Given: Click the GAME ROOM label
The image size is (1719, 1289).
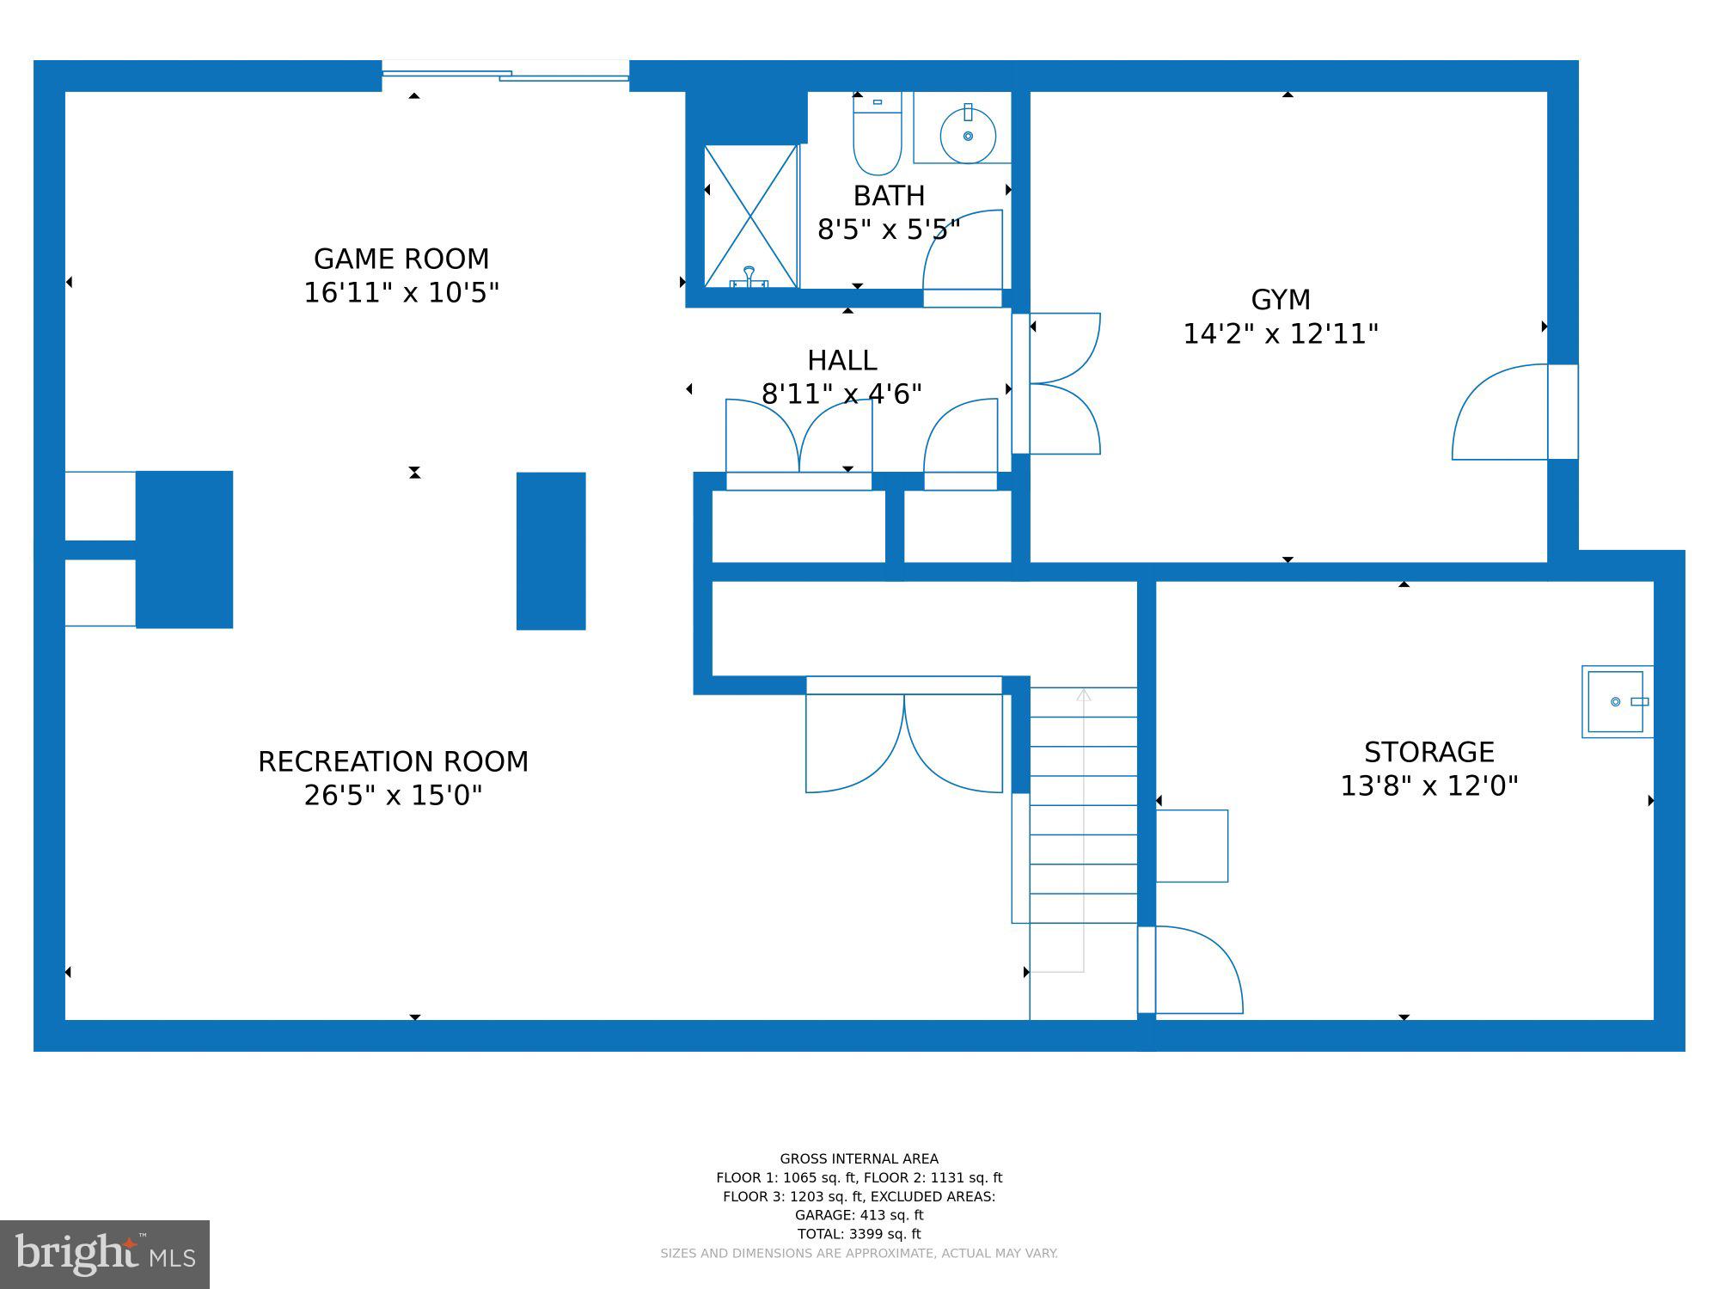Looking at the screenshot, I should (401, 259).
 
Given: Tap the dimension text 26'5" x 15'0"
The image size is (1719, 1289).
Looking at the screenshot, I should (393, 796).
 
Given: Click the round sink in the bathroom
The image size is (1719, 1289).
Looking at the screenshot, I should (968, 136).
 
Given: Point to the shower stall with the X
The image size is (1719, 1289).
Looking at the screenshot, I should (750, 216).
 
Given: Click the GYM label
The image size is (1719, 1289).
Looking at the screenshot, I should (1280, 300).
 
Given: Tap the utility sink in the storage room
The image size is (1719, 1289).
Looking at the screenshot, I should (1616, 701).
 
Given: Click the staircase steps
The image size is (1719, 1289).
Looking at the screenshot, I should (1083, 804).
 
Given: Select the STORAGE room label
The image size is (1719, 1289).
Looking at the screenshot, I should (1428, 753).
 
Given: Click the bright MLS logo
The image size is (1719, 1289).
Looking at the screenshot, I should (104, 1254).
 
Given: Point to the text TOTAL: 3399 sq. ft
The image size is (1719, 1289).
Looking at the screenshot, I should (859, 1234).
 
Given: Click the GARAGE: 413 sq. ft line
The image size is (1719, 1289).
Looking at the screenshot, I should (859, 1215).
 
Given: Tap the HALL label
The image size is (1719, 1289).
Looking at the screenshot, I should (841, 360).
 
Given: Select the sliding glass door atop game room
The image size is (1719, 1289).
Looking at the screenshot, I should (505, 76).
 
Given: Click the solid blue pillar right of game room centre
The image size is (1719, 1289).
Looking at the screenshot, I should (551, 551).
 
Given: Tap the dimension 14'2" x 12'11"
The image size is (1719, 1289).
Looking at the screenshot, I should (1280, 334).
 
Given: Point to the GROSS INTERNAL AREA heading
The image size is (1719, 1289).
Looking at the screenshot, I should (859, 1158).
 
